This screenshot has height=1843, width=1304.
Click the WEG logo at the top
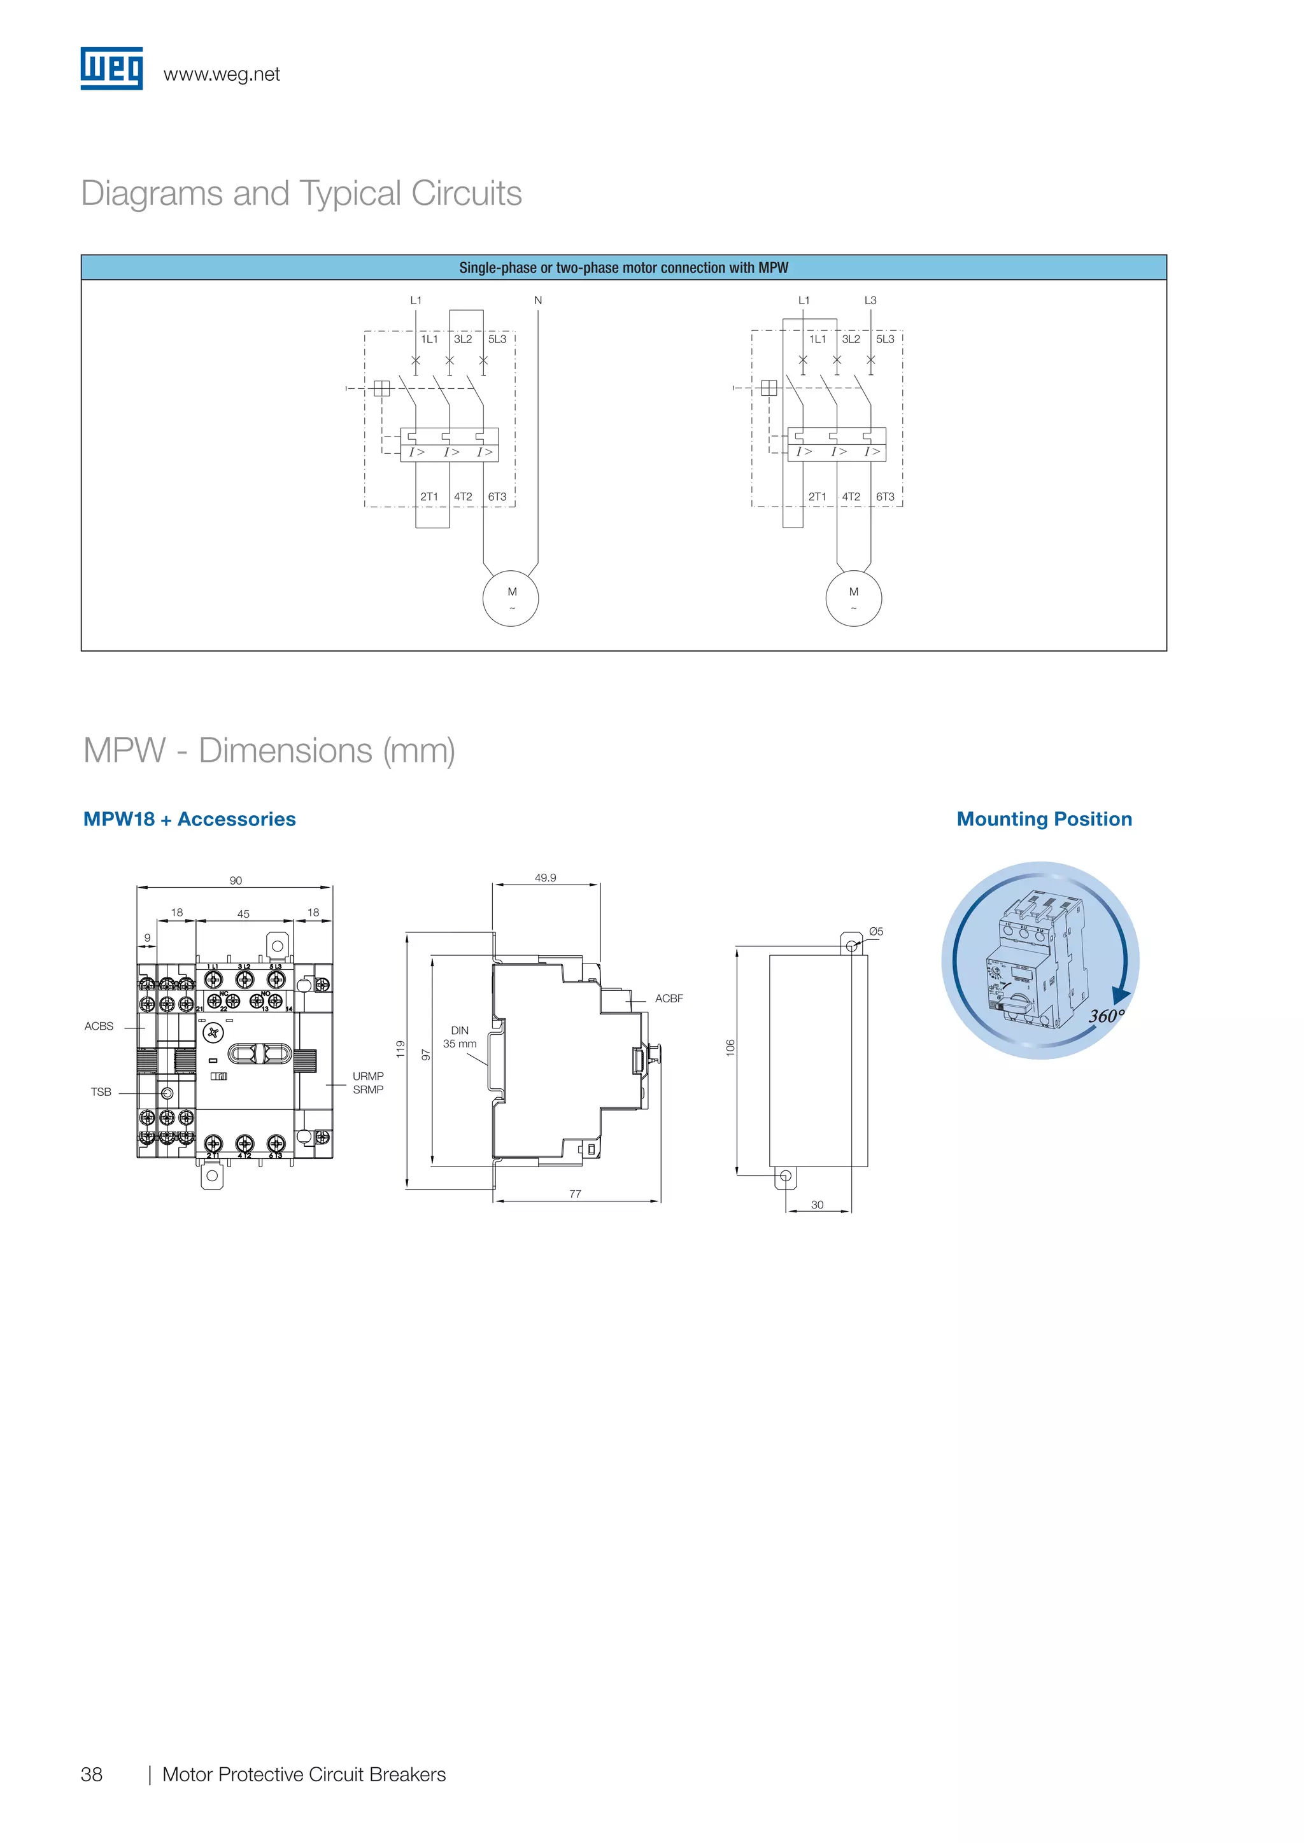(111, 68)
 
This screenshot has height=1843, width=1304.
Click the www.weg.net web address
(222, 74)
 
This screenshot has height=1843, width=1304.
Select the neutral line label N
(538, 300)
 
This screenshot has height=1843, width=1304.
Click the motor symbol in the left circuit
(511, 599)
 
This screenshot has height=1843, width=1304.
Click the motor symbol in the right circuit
(854, 599)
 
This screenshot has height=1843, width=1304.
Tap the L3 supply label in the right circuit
(870, 300)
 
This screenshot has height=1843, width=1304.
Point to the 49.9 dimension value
(545, 878)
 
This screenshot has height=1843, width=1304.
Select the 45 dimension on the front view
(243, 913)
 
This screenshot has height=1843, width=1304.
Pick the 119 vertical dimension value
(400, 1048)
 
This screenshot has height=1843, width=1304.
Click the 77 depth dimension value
(575, 1194)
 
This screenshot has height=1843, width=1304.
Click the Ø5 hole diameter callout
(876, 931)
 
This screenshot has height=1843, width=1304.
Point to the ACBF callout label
(669, 999)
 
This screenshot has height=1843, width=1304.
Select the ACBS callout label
(99, 1026)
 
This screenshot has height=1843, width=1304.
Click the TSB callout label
(101, 1091)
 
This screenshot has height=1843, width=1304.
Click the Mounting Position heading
(1044, 819)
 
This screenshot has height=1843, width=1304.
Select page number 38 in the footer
(92, 1774)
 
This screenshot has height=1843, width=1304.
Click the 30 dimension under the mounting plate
(818, 1204)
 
